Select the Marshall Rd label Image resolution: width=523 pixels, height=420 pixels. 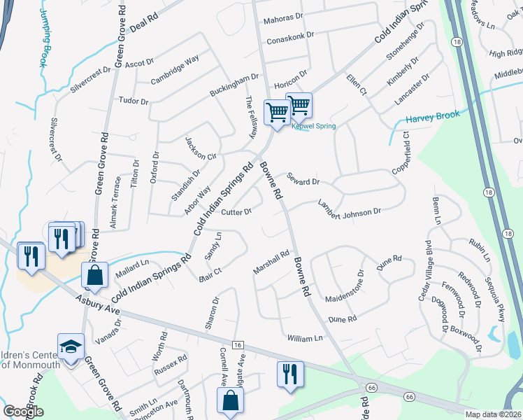tap(271, 264)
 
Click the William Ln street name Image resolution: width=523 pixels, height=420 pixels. tap(306, 338)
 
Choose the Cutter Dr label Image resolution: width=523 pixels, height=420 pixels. tap(236, 212)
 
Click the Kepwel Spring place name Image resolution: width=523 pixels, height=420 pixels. tap(314, 126)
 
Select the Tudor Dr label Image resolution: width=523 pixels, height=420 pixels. tap(134, 101)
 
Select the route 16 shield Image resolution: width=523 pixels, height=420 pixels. tap(238, 346)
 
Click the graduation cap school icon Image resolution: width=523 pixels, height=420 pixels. tap(71, 347)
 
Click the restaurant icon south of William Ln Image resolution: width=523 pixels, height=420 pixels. tap(290, 372)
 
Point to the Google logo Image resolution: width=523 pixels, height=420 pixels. tap(23, 412)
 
